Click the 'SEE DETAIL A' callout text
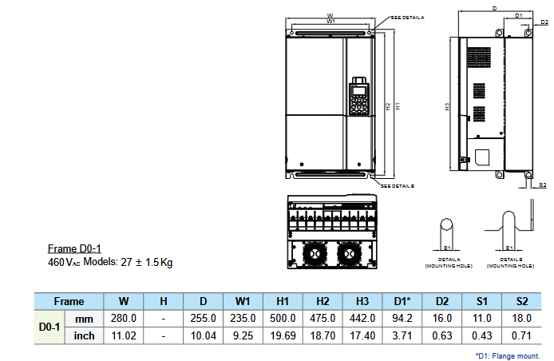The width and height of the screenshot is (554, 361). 407,17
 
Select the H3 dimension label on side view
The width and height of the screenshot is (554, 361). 448,105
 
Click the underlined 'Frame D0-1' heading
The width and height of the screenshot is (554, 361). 74,249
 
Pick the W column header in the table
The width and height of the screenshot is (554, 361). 124,301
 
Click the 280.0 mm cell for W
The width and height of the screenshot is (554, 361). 124,318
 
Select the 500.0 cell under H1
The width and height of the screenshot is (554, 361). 283,318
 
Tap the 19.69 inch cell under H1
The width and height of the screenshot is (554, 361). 283,335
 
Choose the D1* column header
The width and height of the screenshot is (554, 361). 402,301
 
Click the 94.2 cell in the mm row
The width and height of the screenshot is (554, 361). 402,318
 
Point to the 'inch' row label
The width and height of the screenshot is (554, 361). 84,335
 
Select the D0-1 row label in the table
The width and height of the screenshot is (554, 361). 49,327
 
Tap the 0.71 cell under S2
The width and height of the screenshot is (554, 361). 521,335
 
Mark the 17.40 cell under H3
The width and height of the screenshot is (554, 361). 362,335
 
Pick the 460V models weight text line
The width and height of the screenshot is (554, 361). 111,262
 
